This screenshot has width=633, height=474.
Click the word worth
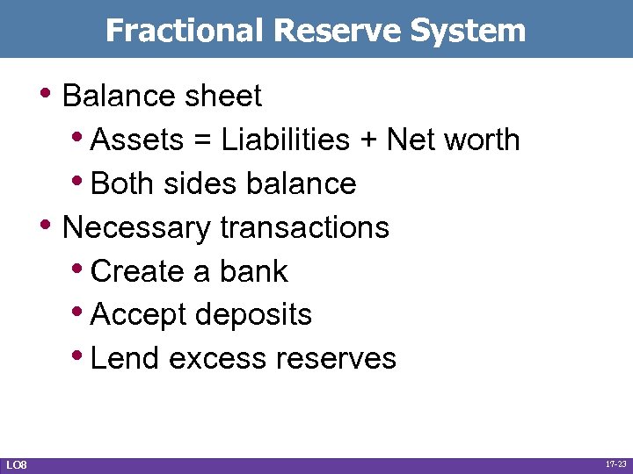[483, 140]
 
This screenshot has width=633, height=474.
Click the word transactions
[304, 227]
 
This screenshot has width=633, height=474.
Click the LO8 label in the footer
[16, 463]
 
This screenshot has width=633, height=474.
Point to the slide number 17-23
[615, 463]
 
